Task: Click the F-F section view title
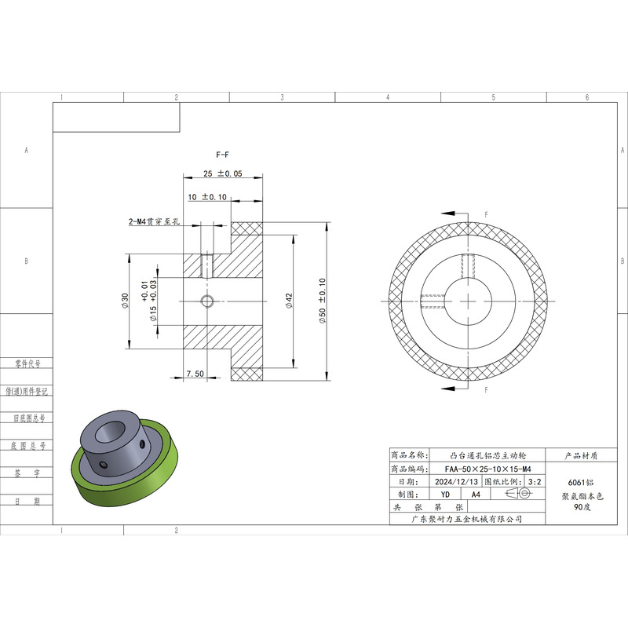(222, 155)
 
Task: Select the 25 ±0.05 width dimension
(223, 173)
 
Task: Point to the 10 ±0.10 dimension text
(207, 197)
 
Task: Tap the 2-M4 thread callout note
(154, 221)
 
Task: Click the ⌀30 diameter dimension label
(125, 301)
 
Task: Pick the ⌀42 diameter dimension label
(289, 301)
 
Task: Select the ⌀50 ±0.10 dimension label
(323, 301)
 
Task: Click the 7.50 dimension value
(195, 374)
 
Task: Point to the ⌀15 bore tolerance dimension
(149, 301)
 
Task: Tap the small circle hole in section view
(206, 301)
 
